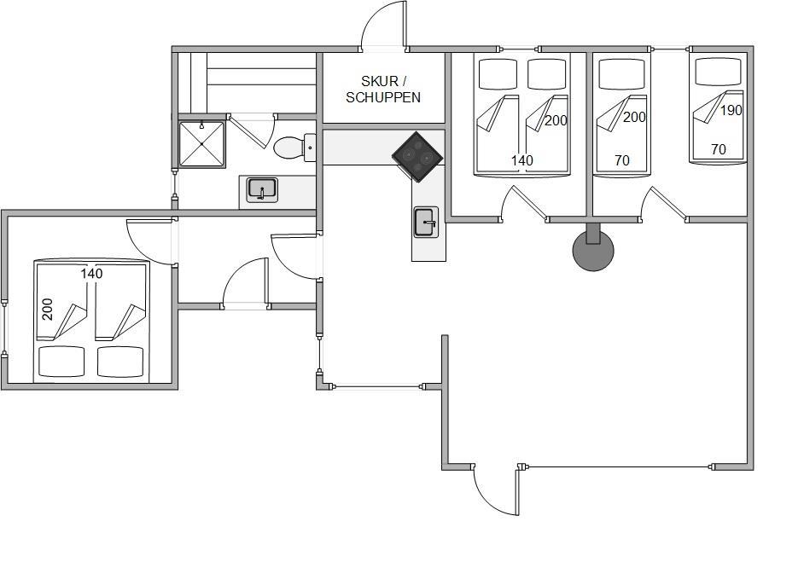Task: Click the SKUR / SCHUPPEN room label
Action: [383, 90]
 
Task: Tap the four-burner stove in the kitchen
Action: [417, 156]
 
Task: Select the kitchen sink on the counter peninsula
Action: [426, 222]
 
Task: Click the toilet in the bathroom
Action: [294, 148]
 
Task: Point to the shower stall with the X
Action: [201, 144]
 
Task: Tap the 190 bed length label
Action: [731, 110]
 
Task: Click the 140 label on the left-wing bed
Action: [91, 274]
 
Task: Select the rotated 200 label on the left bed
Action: [47, 309]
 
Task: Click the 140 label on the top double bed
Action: [522, 160]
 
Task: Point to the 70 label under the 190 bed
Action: [719, 149]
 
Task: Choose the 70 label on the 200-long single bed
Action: [621, 160]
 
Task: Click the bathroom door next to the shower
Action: [250, 133]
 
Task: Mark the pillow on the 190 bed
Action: [719, 72]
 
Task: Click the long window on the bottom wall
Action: [617, 466]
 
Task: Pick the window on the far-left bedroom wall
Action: [4, 327]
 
